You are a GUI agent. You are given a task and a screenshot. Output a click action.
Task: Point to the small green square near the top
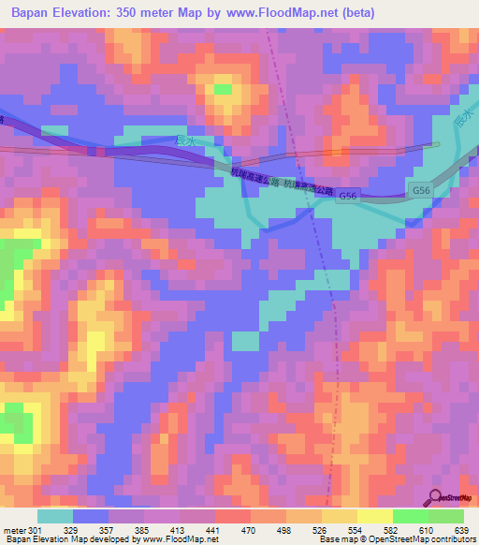point(223,89)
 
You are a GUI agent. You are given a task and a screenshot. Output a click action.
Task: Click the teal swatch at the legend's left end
point(55,515)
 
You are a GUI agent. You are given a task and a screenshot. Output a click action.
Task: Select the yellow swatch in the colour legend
point(374,515)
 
